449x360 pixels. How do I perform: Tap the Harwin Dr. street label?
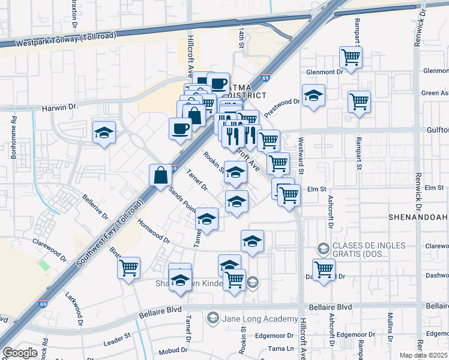(x=60, y=107)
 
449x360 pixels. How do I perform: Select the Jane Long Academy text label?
(x=259, y=319)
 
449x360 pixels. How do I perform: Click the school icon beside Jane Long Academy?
(x=212, y=317)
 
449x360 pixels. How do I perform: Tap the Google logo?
(x=20, y=352)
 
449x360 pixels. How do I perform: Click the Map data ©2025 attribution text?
(x=424, y=355)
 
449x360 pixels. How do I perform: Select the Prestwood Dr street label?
(x=282, y=106)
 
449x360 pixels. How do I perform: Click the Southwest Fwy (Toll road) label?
(x=112, y=230)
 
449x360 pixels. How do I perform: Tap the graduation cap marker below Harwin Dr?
(x=104, y=132)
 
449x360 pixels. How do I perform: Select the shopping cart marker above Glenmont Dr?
(x=351, y=58)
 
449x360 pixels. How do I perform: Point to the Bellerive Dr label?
(x=95, y=207)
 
